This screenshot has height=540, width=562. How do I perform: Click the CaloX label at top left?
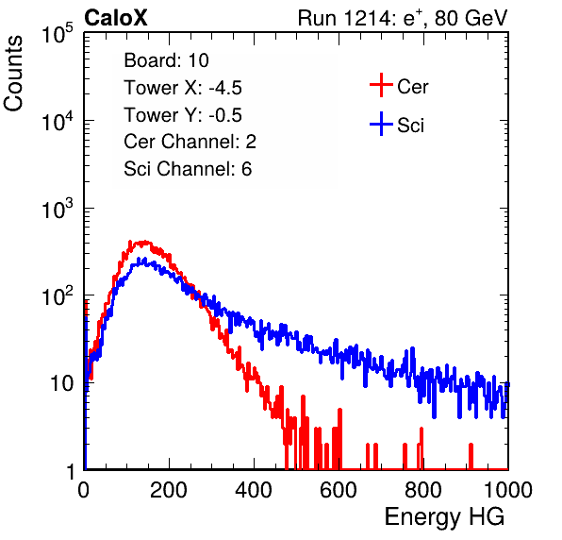point(116,18)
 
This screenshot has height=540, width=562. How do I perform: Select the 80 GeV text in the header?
point(471,18)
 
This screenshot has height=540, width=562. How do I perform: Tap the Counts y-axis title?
point(13,74)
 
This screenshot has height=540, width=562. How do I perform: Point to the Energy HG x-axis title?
point(444,517)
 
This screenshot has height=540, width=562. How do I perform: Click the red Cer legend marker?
point(381,85)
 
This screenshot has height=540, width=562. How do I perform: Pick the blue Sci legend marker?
point(381,124)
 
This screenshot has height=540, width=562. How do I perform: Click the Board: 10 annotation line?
point(166,60)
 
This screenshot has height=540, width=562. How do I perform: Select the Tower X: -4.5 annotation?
point(183,88)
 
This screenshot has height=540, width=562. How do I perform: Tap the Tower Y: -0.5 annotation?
point(183,115)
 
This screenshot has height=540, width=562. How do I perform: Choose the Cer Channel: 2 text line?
point(190,142)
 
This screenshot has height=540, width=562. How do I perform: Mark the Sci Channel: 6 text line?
point(188,169)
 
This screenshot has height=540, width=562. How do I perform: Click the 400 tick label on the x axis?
point(254,490)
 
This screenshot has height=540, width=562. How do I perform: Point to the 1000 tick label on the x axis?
point(508,490)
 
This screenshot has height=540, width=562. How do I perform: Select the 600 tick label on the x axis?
point(339,490)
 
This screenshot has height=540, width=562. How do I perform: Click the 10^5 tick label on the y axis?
point(58,33)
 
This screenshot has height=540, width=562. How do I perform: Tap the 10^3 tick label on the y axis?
point(58,209)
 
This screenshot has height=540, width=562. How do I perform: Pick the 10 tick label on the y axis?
point(61,384)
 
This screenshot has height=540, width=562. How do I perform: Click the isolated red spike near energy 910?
point(471,456)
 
